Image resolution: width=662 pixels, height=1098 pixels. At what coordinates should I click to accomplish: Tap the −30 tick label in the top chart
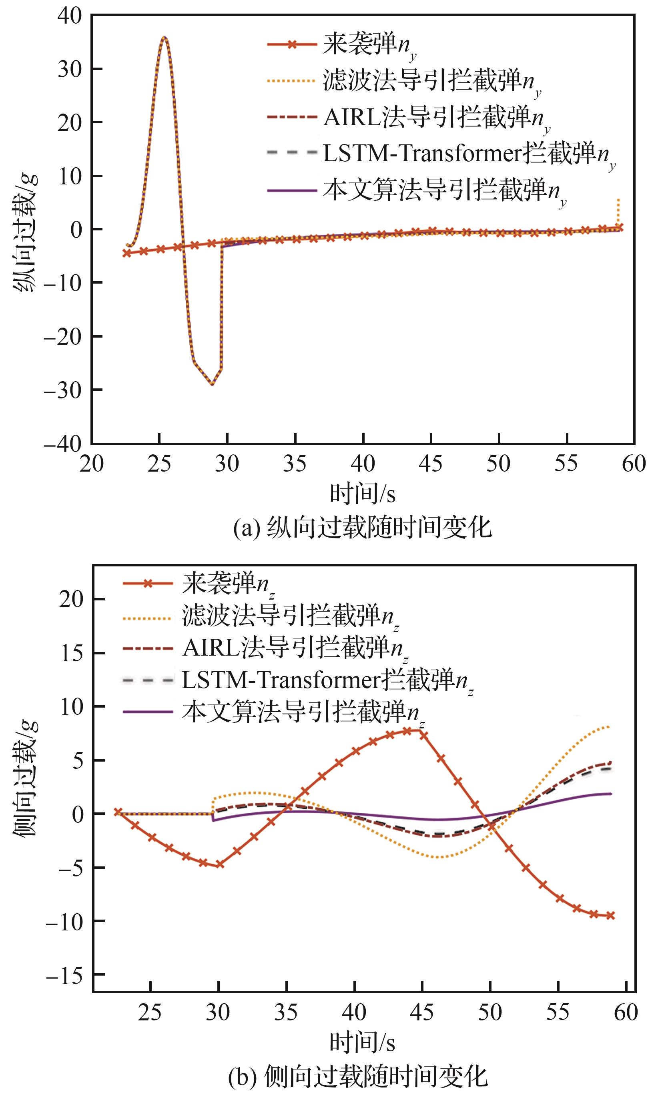point(63,390)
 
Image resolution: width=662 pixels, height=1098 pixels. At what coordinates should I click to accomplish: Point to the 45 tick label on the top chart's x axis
point(431,464)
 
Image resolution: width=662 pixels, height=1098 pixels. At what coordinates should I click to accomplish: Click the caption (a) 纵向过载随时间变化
point(363,528)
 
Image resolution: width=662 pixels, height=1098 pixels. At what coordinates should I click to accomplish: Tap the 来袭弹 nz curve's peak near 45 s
point(419,730)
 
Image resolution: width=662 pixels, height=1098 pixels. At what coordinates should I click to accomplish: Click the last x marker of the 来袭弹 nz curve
point(611,915)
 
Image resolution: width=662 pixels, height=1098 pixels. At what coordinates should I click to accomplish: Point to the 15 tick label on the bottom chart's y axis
point(72,653)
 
